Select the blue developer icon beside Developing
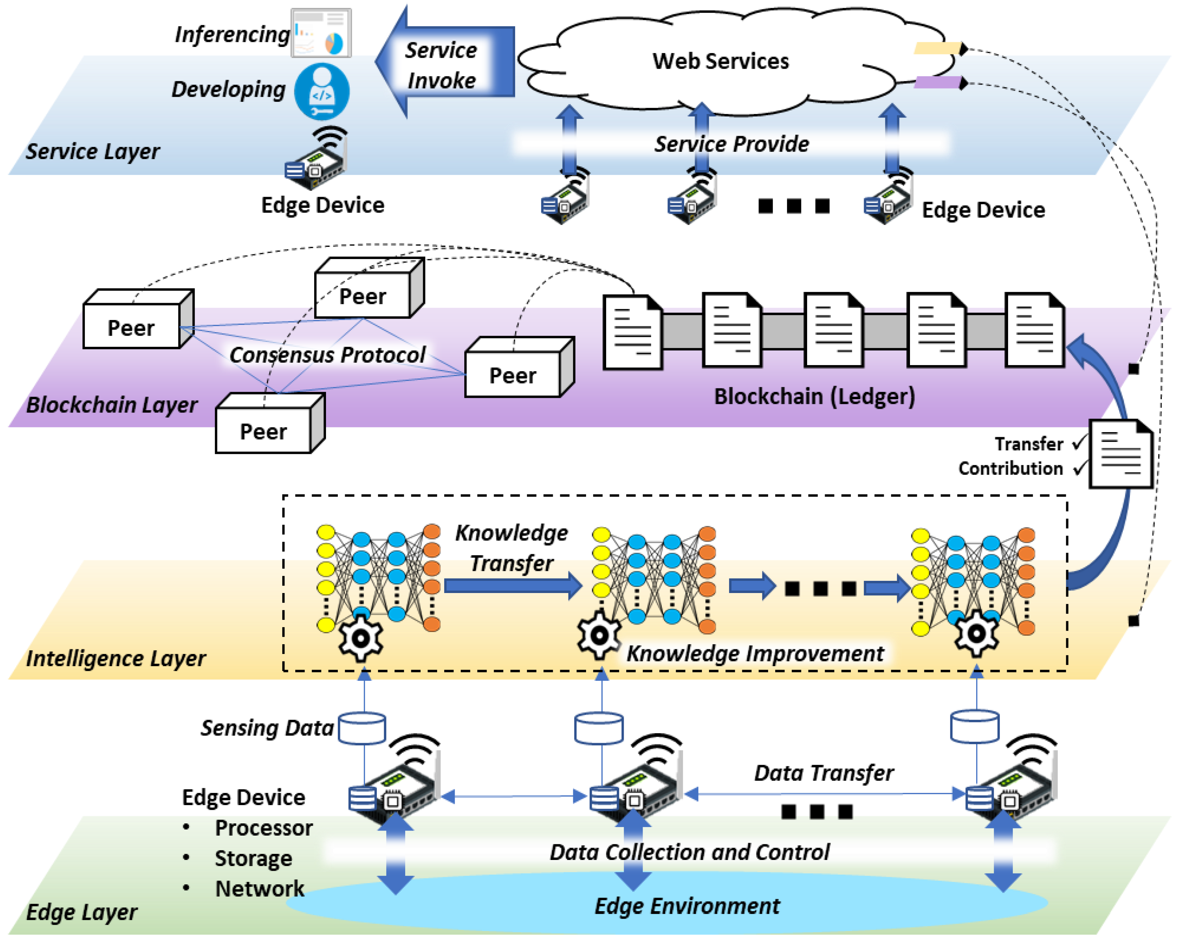point(322,91)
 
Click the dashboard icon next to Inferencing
point(321,33)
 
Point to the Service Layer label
point(93,152)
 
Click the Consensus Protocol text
point(327,355)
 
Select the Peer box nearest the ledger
point(519,367)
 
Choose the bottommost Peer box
point(270,423)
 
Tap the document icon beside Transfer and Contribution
point(1121,454)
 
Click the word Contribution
point(1011,469)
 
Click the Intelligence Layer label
point(116,659)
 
